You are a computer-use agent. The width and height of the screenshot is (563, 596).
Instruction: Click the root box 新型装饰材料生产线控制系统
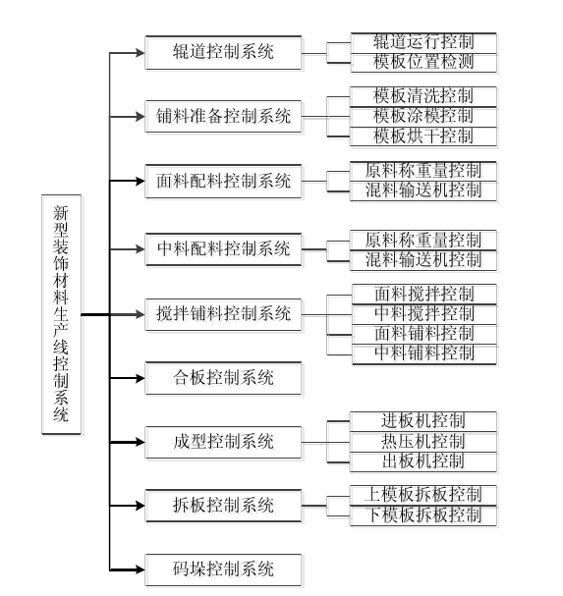(61, 314)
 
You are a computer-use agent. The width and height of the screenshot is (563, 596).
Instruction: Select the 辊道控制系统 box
(223, 53)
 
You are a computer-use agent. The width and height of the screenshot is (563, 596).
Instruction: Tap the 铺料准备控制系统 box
(223, 116)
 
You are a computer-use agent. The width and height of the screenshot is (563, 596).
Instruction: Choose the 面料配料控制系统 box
(223, 181)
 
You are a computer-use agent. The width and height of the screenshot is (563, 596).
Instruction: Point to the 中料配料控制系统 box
(223, 249)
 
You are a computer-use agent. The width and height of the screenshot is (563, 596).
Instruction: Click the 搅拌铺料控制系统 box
(223, 314)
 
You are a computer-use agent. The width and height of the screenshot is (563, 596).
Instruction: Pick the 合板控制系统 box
(223, 378)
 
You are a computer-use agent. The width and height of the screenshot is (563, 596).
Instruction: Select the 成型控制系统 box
(223, 442)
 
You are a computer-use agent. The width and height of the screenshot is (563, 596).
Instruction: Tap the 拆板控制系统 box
(223, 506)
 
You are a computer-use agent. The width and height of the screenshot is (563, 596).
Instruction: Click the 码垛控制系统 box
(223, 569)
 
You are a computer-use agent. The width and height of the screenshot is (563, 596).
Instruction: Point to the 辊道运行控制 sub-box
(423, 43)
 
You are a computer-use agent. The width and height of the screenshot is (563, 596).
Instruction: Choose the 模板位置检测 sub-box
(423, 63)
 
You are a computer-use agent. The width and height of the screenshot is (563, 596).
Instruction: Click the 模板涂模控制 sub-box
(423, 117)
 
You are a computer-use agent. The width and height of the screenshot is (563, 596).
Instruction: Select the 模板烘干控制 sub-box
(423, 136)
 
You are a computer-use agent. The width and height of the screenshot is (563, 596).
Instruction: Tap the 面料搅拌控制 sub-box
(424, 295)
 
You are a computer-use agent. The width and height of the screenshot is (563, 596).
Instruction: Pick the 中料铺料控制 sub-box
(424, 354)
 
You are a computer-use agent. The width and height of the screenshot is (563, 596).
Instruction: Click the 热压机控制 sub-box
(423, 442)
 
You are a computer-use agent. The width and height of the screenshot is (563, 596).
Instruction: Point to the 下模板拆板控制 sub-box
(423, 515)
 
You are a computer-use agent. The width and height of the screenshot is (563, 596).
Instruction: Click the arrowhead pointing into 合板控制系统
(141, 378)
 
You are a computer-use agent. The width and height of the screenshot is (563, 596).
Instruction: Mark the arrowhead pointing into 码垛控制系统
(141, 569)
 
